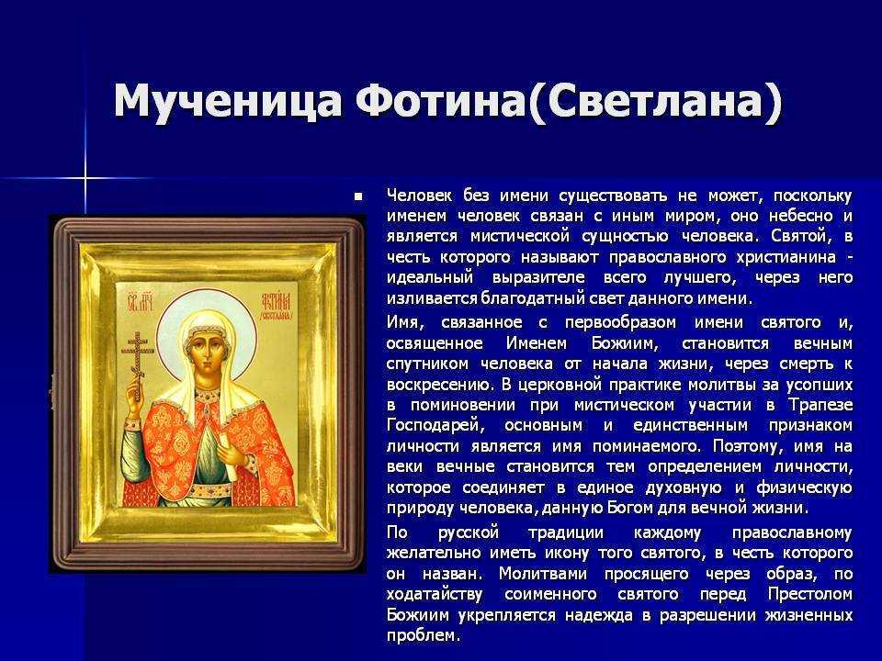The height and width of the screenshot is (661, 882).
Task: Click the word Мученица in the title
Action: tap(227, 101)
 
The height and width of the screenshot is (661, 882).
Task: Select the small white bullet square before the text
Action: tap(357, 196)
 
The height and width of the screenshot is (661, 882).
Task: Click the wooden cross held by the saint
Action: tap(137, 359)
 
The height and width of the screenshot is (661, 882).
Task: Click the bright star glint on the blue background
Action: tap(85, 179)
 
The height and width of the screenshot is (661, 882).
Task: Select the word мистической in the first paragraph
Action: tap(519, 236)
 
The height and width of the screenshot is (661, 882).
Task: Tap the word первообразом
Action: tap(620, 323)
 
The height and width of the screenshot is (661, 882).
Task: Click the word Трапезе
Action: tap(820, 405)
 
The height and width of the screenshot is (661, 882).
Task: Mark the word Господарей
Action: tap(435, 425)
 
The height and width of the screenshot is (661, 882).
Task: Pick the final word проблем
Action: tap(424, 636)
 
